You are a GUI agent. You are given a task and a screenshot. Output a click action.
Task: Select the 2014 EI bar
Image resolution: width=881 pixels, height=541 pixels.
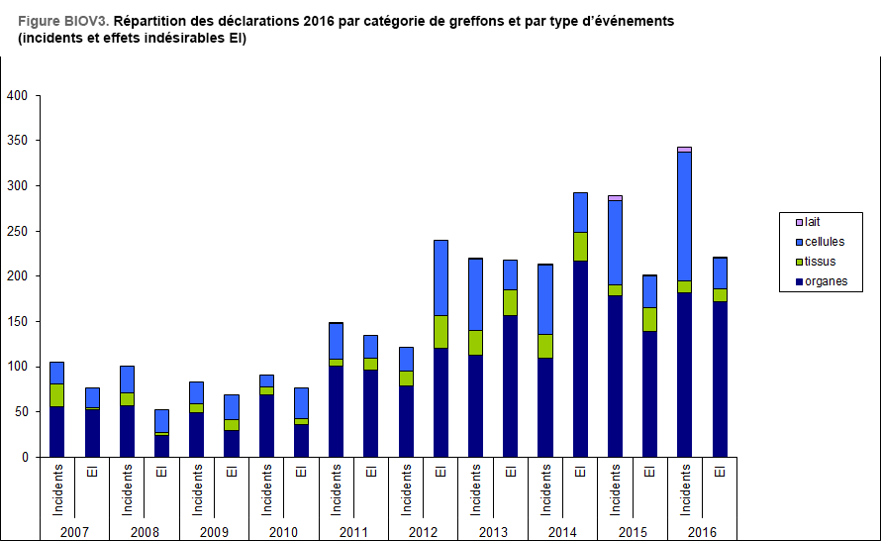point(580,337)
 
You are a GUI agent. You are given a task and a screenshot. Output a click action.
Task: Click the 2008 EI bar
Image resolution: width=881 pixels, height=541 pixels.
point(161,436)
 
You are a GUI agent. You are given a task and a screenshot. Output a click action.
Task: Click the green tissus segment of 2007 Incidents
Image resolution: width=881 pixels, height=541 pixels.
point(56,394)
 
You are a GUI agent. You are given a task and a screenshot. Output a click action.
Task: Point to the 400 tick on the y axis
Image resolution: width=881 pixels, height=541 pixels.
point(17,96)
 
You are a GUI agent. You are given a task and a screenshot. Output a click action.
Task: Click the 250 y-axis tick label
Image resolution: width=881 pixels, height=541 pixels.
point(17,232)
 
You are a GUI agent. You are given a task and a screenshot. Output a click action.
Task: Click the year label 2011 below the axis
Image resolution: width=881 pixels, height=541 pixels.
point(353,532)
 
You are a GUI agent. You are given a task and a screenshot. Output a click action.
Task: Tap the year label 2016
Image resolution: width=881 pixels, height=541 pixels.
point(702,532)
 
